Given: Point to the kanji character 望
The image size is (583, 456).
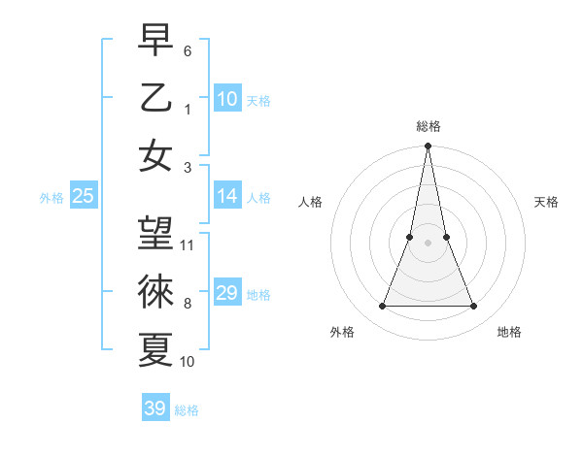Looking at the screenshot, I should [155, 233].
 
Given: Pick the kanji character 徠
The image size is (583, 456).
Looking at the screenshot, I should [155, 291].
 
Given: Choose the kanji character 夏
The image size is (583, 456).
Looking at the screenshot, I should [155, 349].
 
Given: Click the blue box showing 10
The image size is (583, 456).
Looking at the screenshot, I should [227, 99].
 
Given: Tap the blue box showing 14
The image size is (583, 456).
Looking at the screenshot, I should [227, 196].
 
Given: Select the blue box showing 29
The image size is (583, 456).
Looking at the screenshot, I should [227, 293].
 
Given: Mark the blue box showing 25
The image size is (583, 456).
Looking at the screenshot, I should [83, 196].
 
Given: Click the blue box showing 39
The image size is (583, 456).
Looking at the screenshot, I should [155, 408].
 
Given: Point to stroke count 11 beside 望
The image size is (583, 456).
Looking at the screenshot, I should [189, 245].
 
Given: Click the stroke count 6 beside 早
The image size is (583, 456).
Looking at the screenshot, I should [188, 49].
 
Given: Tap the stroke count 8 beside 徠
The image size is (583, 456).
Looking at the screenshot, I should [188, 303].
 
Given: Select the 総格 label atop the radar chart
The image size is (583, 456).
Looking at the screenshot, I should [429, 127].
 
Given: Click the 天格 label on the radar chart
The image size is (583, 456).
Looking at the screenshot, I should [547, 202].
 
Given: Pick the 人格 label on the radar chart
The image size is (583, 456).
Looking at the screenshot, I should [310, 202].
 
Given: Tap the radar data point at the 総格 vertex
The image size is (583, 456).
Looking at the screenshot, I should [428, 147].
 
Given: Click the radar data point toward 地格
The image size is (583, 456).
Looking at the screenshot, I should [474, 307].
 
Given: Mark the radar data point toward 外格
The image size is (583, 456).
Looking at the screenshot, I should [382, 307].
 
